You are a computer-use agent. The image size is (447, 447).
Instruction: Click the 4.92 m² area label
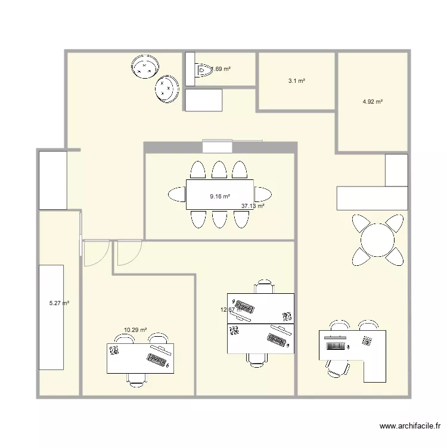(372, 102)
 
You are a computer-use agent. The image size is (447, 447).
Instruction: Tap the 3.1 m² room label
(297, 80)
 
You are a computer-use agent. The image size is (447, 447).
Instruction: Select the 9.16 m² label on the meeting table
(219, 195)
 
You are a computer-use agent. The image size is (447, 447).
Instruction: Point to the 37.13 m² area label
(253, 206)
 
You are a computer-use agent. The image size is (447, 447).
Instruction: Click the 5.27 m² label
(59, 303)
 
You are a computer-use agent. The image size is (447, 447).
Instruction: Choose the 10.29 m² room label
(135, 330)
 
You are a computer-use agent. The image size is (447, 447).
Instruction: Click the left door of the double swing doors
(95, 253)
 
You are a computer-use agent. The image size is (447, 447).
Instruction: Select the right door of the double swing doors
(129, 253)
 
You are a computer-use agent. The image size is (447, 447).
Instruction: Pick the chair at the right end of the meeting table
(262, 194)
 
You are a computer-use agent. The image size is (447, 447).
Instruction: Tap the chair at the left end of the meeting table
(178, 194)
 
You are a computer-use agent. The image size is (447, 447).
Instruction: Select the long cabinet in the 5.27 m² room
(51, 317)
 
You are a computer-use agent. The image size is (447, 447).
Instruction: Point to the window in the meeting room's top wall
(217, 146)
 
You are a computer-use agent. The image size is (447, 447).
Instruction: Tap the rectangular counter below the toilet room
(203, 100)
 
